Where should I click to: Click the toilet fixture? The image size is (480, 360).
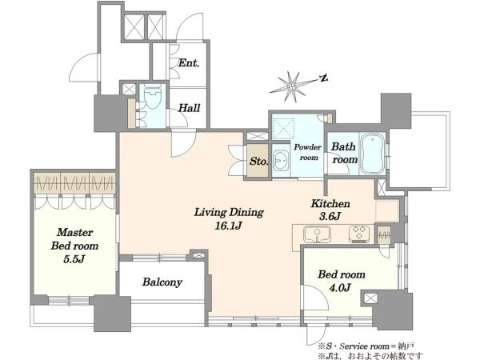(x=152, y=96)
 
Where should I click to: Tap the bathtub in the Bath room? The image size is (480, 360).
(x=372, y=154)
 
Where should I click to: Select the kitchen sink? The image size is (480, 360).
(x=317, y=234)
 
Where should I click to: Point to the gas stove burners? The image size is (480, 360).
(x=360, y=234)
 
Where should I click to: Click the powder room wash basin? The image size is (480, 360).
(x=281, y=161)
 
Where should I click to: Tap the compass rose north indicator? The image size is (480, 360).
(x=323, y=78)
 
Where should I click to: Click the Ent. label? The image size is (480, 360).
(x=189, y=63)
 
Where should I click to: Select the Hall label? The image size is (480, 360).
(x=189, y=108)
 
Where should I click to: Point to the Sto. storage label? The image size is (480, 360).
(x=258, y=161)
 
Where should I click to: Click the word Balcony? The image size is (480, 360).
(x=162, y=282)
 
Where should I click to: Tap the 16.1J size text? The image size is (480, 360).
(x=228, y=226)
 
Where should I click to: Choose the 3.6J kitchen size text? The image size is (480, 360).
(x=330, y=216)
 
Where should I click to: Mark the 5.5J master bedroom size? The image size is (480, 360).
(x=74, y=259)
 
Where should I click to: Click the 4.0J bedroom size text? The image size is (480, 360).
(x=341, y=287)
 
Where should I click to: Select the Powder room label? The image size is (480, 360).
(x=308, y=152)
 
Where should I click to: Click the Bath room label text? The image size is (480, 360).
(x=344, y=153)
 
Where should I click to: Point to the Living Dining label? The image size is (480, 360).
(x=229, y=213)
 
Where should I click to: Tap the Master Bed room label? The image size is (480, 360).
(x=74, y=238)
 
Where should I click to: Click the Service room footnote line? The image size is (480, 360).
(x=366, y=346)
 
